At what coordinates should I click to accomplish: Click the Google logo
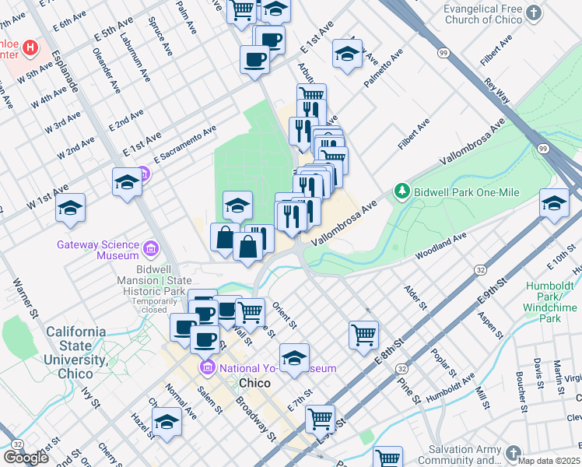(x=26, y=458)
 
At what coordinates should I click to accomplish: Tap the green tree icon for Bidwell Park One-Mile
(x=401, y=190)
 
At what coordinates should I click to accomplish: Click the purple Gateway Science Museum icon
(x=151, y=249)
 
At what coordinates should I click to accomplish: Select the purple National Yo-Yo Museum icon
(x=207, y=367)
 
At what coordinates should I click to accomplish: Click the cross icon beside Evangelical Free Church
(x=533, y=12)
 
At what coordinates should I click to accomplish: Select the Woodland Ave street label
(x=440, y=246)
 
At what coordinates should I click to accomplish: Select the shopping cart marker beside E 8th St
(x=363, y=335)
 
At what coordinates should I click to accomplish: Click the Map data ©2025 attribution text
(x=549, y=461)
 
